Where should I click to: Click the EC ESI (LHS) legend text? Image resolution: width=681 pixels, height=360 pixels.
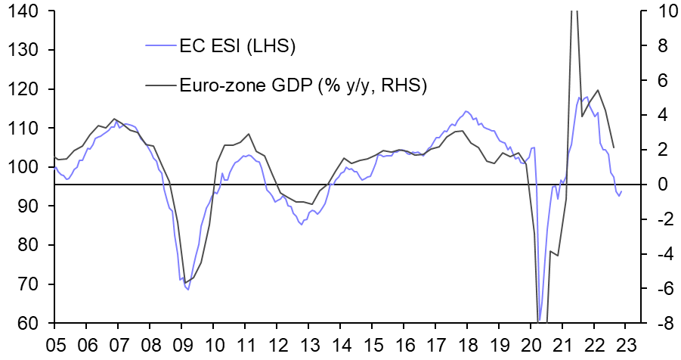click(x=237, y=47)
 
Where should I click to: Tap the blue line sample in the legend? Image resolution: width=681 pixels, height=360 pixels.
click(x=160, y=47)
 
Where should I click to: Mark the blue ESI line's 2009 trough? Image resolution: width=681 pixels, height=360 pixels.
click(x=187, y=290)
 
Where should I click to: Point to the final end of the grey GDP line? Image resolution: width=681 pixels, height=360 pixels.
click(x=613, y=147)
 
